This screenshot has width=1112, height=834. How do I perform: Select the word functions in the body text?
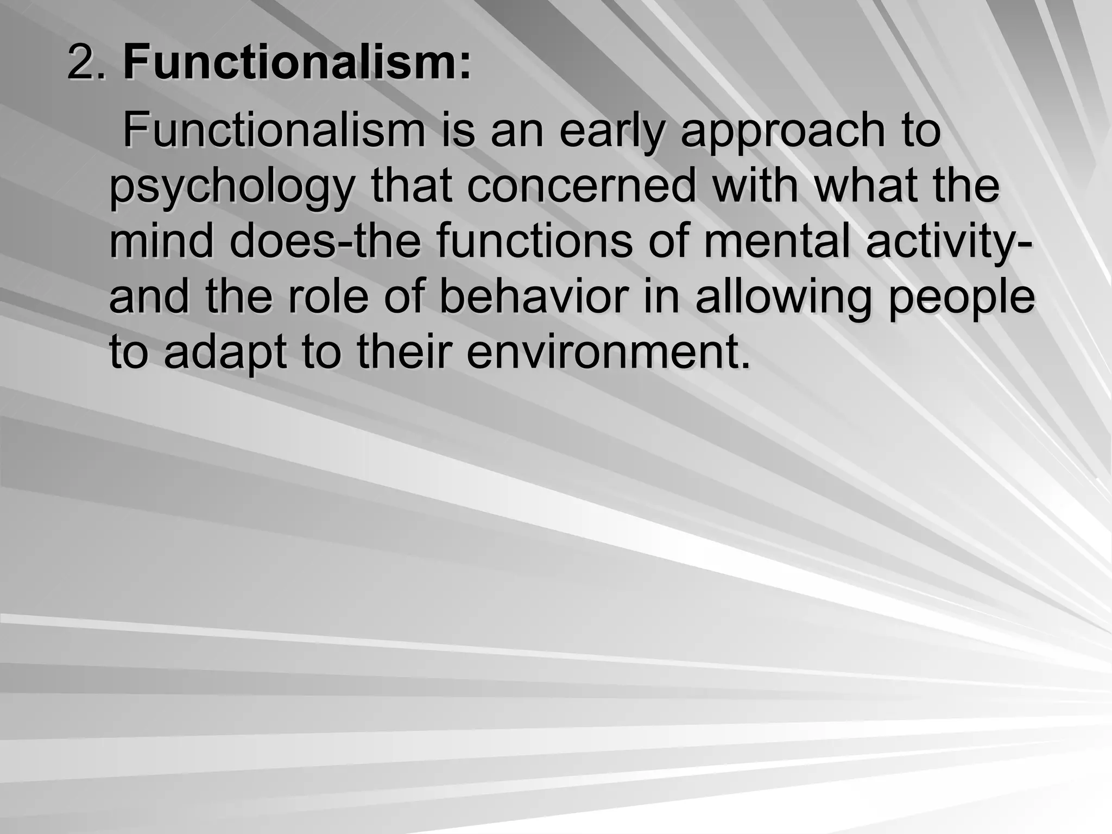pyautogui.click(x=534, y=242)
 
